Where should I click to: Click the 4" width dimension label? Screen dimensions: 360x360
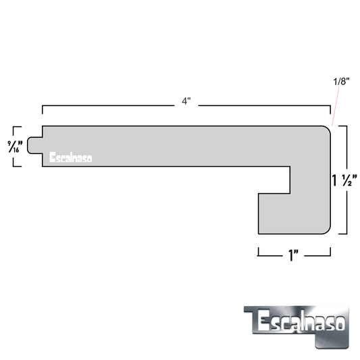(x=186, y=102)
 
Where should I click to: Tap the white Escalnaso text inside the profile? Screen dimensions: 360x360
(x=71, y=159)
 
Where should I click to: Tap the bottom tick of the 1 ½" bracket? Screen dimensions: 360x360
(x=342, y=234)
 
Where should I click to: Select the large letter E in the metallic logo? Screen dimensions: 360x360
(x=263, y=322)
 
